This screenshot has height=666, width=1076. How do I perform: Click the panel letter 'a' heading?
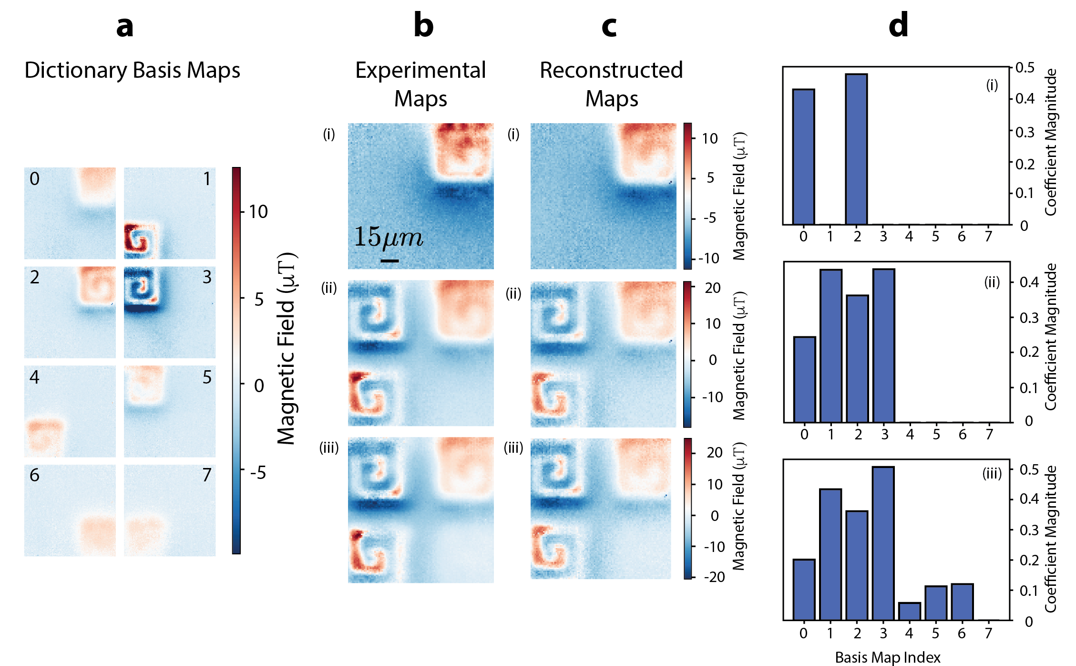coord(125,27)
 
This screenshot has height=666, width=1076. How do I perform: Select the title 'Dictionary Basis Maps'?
coord(132,71)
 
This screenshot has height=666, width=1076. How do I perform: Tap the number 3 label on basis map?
coord(207,277)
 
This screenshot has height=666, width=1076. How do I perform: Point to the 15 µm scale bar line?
coord(389,260)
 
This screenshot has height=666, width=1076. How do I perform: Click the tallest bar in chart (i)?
coord(856,149)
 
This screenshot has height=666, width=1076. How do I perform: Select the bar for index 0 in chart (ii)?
coord(804,379)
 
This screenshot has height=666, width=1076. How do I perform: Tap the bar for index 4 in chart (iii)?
coord(909,611)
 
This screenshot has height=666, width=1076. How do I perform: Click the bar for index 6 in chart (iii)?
coord(962,602)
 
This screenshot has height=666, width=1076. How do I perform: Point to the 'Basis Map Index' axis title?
coord(888,657)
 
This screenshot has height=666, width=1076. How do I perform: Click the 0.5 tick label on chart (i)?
coord(1025,68)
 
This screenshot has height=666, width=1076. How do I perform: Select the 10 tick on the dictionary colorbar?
coord(258,212)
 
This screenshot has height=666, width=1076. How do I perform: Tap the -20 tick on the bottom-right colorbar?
coord(714,577)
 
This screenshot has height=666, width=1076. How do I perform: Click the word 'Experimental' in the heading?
coord(420,71)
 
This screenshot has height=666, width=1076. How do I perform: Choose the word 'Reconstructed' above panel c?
coord(611,71)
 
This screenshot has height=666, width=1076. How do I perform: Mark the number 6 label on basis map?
coord(34,475)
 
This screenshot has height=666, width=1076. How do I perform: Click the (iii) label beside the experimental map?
coord(329,447)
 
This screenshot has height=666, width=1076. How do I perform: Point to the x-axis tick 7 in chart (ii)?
coord(989,434)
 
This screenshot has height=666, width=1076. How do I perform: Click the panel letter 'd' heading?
coord(898,26)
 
